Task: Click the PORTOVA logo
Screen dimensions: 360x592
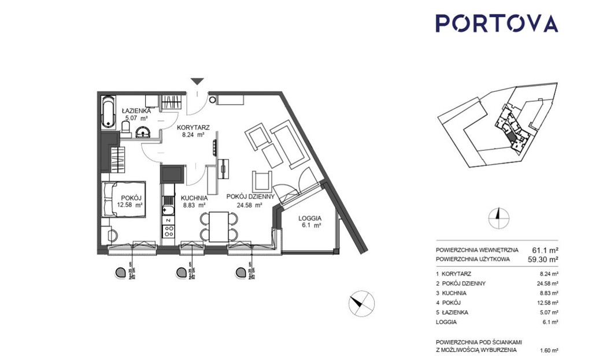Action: (496, 23)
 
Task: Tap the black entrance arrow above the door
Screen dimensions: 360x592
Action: (198, 82)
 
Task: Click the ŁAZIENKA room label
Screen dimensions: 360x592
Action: (136, 111)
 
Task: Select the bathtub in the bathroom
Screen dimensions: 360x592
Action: (108, 112)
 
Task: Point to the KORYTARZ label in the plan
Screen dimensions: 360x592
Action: (193, 128)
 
